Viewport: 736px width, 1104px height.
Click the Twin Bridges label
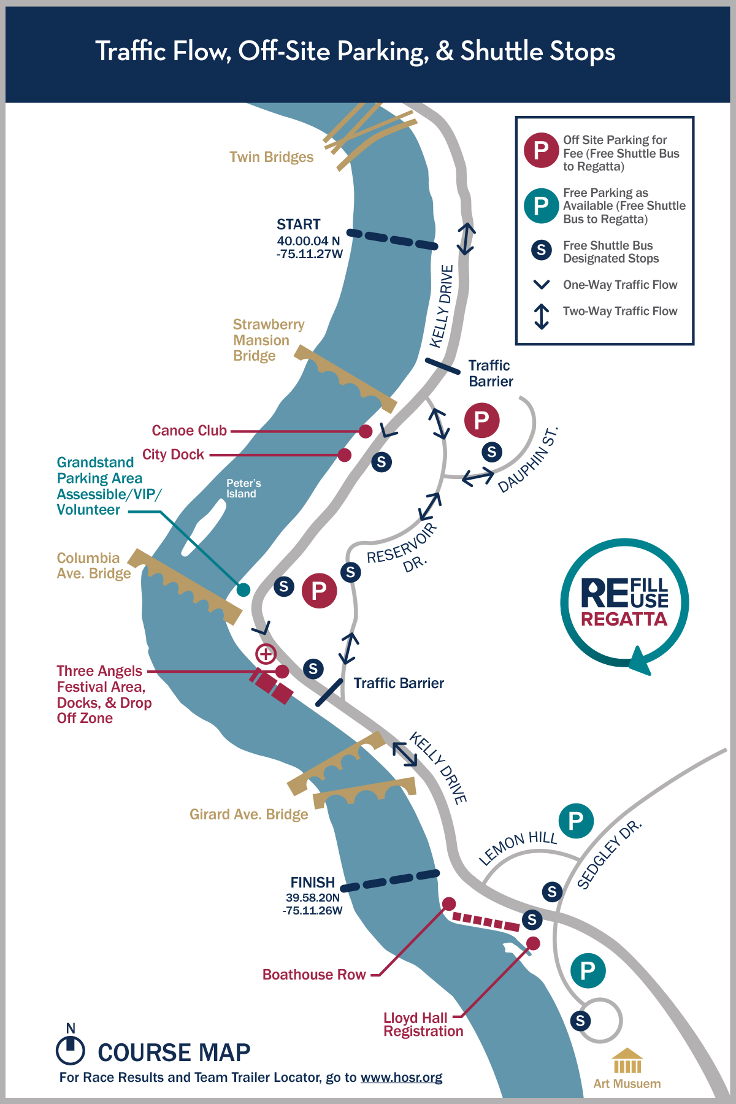(271, 157)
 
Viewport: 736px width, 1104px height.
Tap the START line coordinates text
(309, 248)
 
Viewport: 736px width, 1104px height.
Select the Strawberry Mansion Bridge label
(268, 340)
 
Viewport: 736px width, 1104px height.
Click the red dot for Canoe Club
(366, 431)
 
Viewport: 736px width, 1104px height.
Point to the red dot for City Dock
(345, 455)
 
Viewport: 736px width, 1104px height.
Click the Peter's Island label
(243, 489)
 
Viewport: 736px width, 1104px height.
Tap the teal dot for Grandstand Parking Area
(243, 589)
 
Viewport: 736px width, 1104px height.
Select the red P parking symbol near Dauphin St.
(481, 420)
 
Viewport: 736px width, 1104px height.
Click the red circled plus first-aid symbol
(266, 654)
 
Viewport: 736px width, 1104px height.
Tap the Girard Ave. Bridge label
(248, 815)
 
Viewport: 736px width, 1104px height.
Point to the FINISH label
(313, 883)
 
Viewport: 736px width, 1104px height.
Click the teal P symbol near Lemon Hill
(576, 821)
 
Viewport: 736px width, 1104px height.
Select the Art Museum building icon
(627, 1061)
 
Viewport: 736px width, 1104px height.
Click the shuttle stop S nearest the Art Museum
(580, 1021)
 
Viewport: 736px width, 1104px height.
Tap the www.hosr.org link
(401, 1078)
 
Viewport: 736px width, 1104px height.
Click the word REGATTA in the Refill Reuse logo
(624, 619)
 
